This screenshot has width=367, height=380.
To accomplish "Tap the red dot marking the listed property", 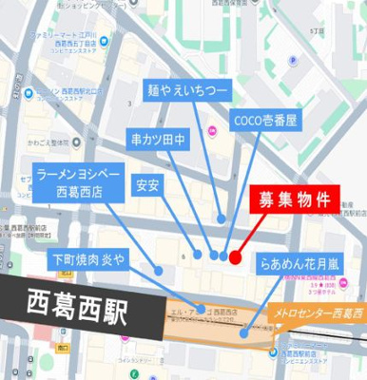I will tap(235, 255).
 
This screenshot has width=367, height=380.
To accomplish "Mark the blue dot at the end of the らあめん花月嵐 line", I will tap(245, 332).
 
